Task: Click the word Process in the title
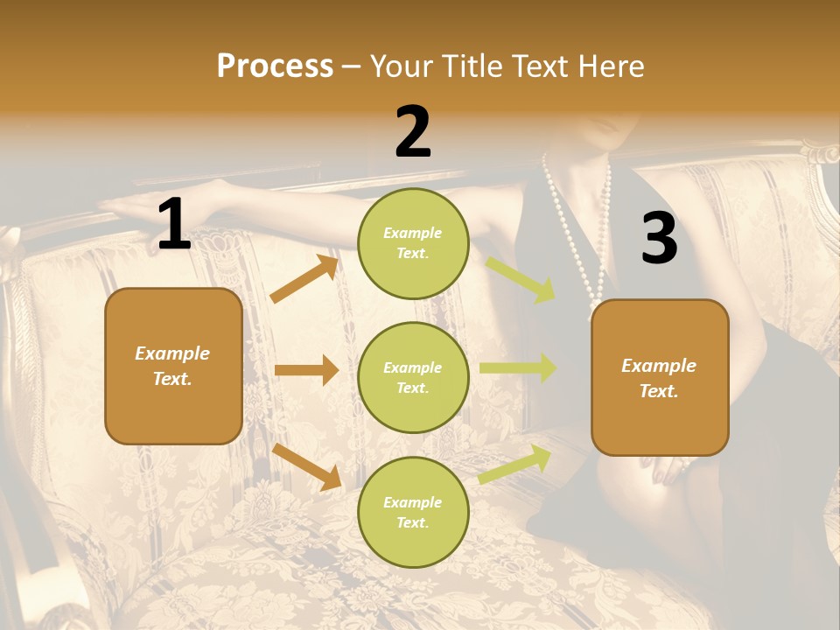[x=275, y=66]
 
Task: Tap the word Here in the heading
[x=611, y=66]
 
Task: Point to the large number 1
[x=174, y=226]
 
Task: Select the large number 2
[x=413, y=132]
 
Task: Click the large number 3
[x=659, y=239]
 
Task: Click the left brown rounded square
[x=173, y=366]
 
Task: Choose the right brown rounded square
[x=660, y=377]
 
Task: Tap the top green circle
[x=413, y=242]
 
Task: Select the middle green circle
[x=413, y=377]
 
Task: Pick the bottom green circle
[x=413, y=512]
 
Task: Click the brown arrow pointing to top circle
[x=304, y=279]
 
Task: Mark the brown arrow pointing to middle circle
[x=306, y=370]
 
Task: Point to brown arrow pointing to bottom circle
[x=307, y=465]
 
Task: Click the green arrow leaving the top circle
[x=521, y=279]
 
